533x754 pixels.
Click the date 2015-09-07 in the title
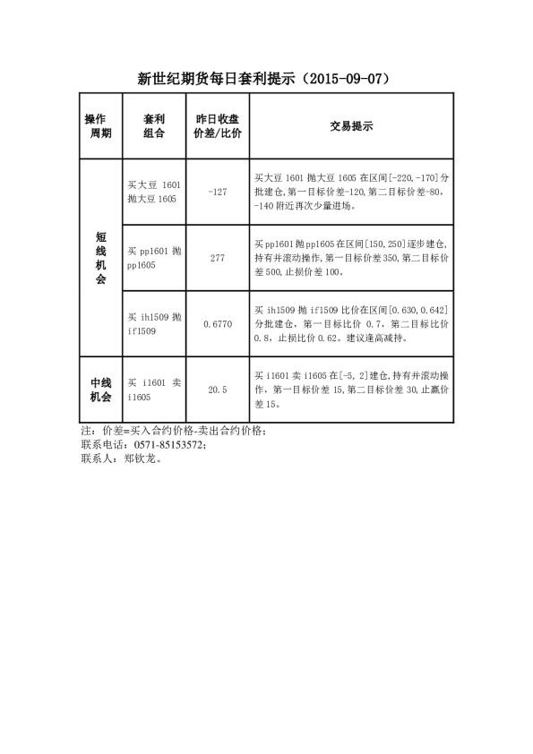click(x=341, y=79)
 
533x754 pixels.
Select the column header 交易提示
click(x=351, y=126)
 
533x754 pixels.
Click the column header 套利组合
click(x=154, y=126)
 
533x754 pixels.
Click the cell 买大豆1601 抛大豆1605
click(x=154, y=192)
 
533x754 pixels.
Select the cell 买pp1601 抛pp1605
click(x=154, y=258)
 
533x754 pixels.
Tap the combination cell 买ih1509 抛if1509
click(x=154, y=324)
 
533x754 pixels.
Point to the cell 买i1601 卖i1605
click(x=154, y=390)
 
